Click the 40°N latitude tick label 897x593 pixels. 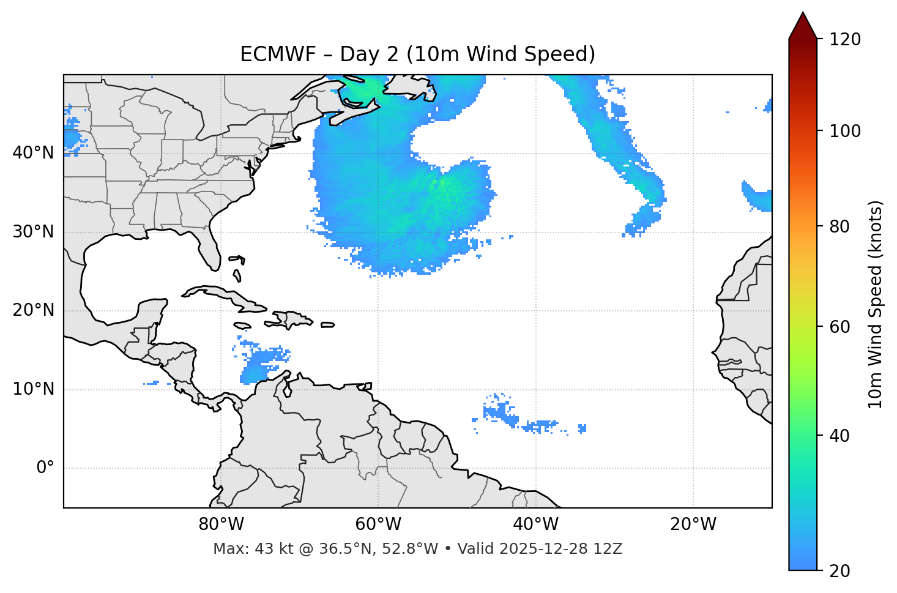click(x=33, y=153)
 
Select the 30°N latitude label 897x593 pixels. click(x=33, y=232)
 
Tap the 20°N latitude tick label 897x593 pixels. click(x=33, y=310)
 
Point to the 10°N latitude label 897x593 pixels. click(x=33, y=389)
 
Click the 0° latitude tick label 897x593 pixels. click(x=45, y=468)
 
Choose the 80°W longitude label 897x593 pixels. click(x=221, y=524)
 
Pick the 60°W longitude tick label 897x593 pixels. click(x=378, y=524)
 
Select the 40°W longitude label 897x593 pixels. click(x=535, y=524)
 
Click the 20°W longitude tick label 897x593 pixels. click(x=693, y=524)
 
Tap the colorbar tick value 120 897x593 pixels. click(x=845, y=40)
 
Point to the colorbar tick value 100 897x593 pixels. click(x=845, y=131)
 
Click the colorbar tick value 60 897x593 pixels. click(x=841, y=327)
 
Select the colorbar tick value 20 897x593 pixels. click(x=841, y=571)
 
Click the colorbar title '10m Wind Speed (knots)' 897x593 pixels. click(x=876, y=305)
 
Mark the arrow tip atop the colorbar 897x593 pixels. click(x=803, y=13)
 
